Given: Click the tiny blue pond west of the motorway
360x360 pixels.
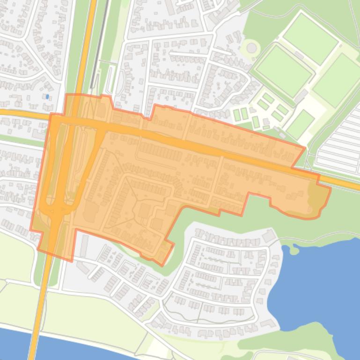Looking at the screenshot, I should tap(47, 97).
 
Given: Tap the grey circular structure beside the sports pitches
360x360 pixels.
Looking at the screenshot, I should tap(252, 48).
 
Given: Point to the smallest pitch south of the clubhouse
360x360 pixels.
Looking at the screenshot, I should tap(300, 124).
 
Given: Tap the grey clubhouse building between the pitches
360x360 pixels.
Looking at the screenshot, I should tap(301, 96).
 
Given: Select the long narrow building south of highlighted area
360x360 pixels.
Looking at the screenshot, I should tap(84, 246).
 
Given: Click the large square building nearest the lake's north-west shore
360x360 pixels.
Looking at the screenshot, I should tap(269, 236).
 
